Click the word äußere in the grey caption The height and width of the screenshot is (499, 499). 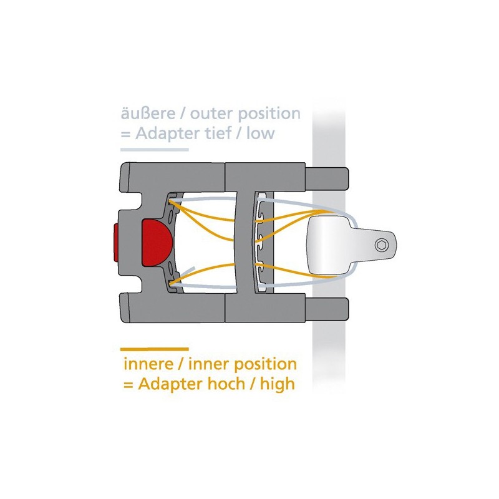point(148,114)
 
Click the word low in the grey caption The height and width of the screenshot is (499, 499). point(260,133)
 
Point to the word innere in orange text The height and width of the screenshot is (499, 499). point(148,364)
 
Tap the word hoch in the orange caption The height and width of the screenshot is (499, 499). point(226,384)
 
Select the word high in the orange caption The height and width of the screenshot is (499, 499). point(278,384)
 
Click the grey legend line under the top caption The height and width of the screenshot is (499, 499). point(154,149)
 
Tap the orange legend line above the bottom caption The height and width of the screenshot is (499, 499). point(154,349)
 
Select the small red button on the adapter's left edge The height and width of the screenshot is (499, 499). point(116,243)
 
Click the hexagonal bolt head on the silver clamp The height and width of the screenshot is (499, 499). point(381,245)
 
